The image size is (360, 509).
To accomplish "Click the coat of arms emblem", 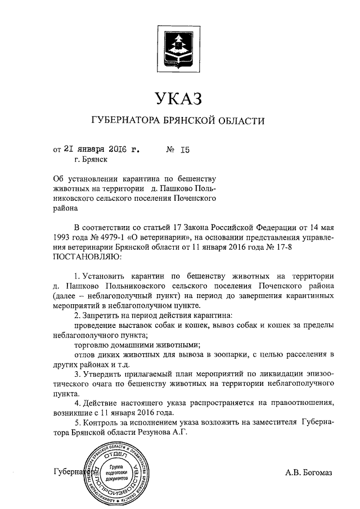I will tap(178, 47).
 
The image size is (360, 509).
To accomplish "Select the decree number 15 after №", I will tap(186, 150).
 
